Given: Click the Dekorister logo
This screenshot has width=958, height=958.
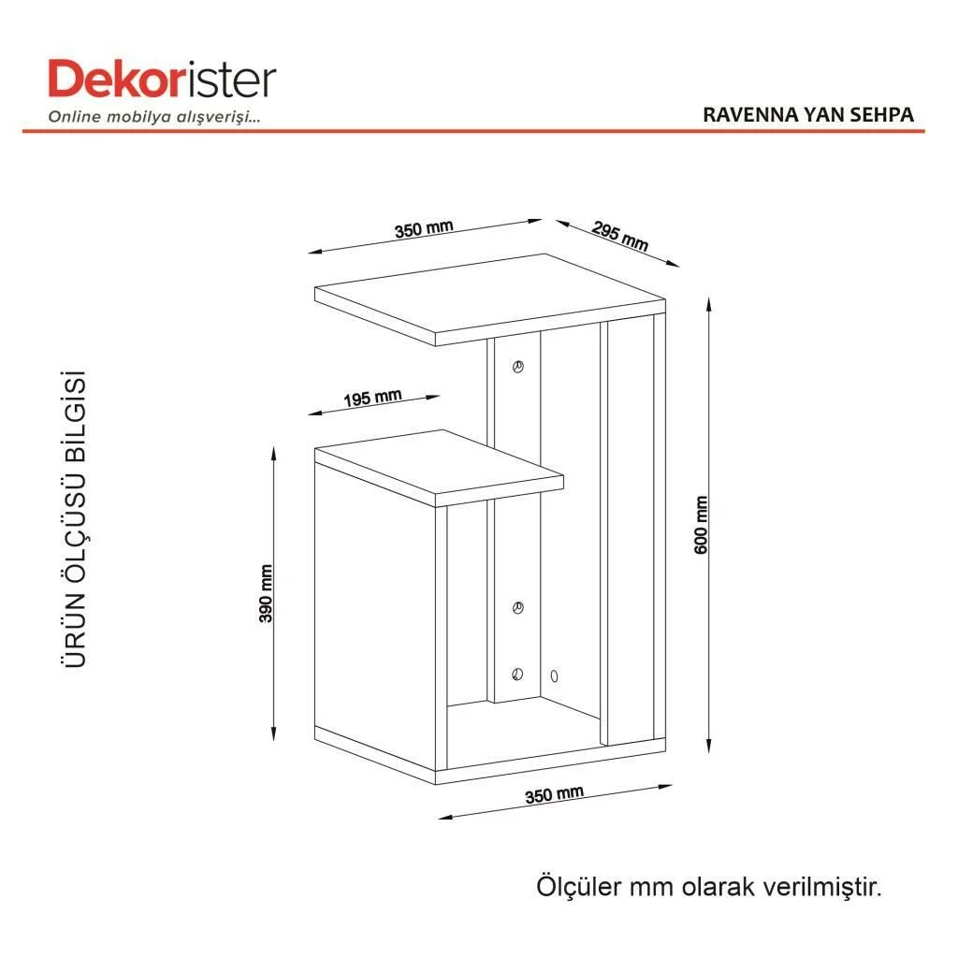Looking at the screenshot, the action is point(162,79).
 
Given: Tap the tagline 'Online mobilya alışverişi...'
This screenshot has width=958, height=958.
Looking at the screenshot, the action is point(154,117).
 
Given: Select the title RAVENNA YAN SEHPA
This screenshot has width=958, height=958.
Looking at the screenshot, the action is point(807,115).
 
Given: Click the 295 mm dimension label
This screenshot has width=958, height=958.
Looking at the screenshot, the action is point(619,236).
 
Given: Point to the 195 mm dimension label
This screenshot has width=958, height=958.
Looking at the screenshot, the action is point(372,399).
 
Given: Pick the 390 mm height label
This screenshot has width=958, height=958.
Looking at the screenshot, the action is point(266,593).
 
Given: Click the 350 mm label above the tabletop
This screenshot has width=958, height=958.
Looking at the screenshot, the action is point(424,229).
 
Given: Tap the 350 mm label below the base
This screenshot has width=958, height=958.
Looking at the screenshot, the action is point(554,794).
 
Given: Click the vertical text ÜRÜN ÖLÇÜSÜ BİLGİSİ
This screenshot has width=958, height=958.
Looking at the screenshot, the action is point(75,518).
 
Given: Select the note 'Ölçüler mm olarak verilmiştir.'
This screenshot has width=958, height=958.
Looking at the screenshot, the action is point(709,887).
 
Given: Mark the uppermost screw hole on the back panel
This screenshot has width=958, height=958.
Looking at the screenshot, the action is point(518,367).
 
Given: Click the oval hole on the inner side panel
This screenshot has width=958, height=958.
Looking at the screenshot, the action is point(554,675).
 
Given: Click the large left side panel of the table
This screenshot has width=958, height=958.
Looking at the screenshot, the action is point(374,617).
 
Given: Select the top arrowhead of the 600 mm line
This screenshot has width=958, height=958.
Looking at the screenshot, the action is point(709,304).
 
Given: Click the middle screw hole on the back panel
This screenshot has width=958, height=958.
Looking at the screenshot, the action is point(518,608).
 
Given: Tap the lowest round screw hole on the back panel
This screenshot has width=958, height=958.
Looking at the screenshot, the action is point(517,675).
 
